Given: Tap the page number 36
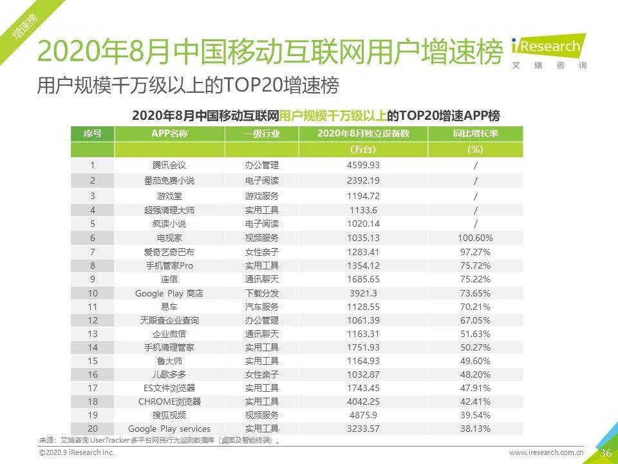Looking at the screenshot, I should pyautogui.click(x=605, y=452).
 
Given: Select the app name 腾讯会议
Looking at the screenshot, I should pyautogui.click(x=169, y=165).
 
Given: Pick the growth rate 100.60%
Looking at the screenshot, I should pyautogui.click(x=475, y=237).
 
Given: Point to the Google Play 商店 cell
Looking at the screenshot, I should pyautogui.click(x=169, y=293).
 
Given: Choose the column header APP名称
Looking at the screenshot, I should pyautogui.click(x=169, y=133).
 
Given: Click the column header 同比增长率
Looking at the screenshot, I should pyautogui.click(x=475, y=133).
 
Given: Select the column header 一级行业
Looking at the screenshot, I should pyautogui.click(x=262, y=133).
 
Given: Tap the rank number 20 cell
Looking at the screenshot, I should pyautogui.click(x=93, y=429).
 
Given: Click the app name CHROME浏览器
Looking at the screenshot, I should pyautogui.click(x=169, y=401).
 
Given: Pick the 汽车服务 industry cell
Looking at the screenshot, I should pyautogui.click(x=262, y=307).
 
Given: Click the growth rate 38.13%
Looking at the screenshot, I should pyautogui.click(x=475, y=429).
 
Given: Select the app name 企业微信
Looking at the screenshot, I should pyautogui.click(x=169, y=334).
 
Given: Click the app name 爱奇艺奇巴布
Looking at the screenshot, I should pyautogui.click(x=169, y=251).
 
